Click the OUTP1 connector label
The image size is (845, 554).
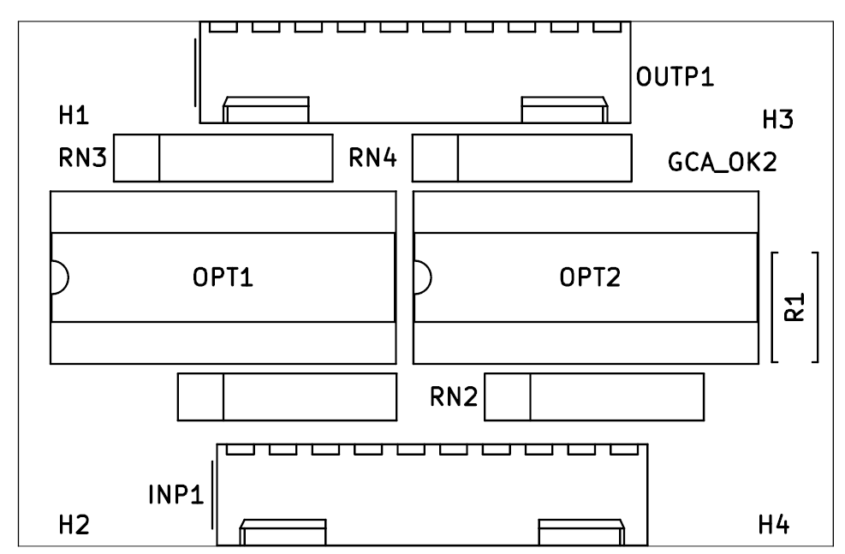click(675, 77)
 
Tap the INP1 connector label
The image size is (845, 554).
click(176, 495)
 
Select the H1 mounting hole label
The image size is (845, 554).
click(74, 116)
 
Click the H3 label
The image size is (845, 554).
click(778, 121)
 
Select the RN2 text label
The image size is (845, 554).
click(453, 396)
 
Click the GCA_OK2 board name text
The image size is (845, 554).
click(722, 162)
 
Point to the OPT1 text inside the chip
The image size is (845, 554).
click(223, 278)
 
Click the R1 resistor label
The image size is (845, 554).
click(794, 307)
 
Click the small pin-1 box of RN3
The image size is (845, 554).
click(137, 158)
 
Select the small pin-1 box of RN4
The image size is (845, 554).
click(435, 158)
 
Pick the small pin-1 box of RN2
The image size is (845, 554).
click(507, 396)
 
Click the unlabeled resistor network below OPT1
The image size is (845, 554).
click(287, 396)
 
